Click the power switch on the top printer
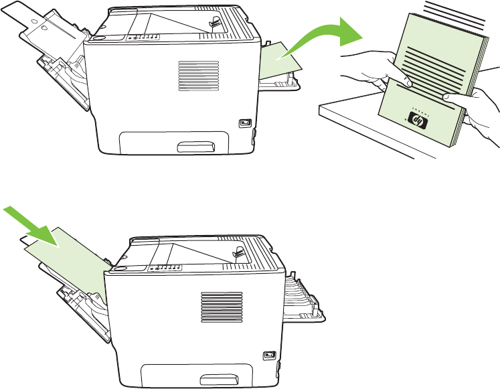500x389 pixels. [x=244, y=123]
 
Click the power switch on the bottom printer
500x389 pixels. [x=268, y=356]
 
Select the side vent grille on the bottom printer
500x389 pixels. [x=215, y=309]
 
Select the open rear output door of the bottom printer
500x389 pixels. [x=305, y=295]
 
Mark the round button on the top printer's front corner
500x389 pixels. [x=100, y=39]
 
